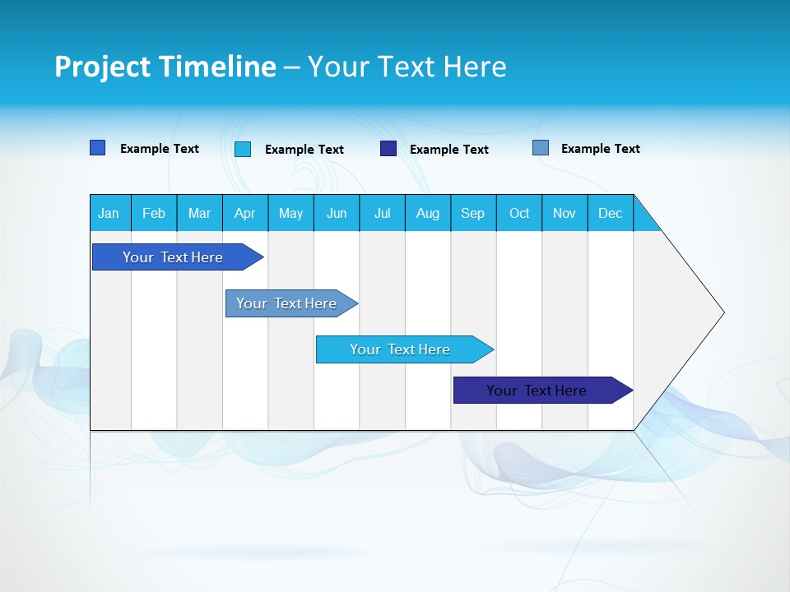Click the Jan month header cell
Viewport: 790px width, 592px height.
[109, 213]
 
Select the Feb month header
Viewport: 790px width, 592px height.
[154, 213]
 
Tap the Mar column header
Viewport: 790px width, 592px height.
[199, 213]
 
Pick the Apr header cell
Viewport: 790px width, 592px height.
[245, 213]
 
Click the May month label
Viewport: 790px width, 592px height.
[290, 213]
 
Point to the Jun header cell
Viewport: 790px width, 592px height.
[337, 213]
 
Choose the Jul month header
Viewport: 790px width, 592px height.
[382, 213]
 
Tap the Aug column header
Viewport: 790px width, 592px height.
[428, 213]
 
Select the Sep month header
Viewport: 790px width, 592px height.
[473, 213]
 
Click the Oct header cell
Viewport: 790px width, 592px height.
[519, 213]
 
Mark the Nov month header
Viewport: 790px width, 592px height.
[565, 213]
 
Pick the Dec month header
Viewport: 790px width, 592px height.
[611, 213]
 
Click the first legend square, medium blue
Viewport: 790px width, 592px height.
[98, 148]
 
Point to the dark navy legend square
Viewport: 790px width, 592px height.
[388, 149]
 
